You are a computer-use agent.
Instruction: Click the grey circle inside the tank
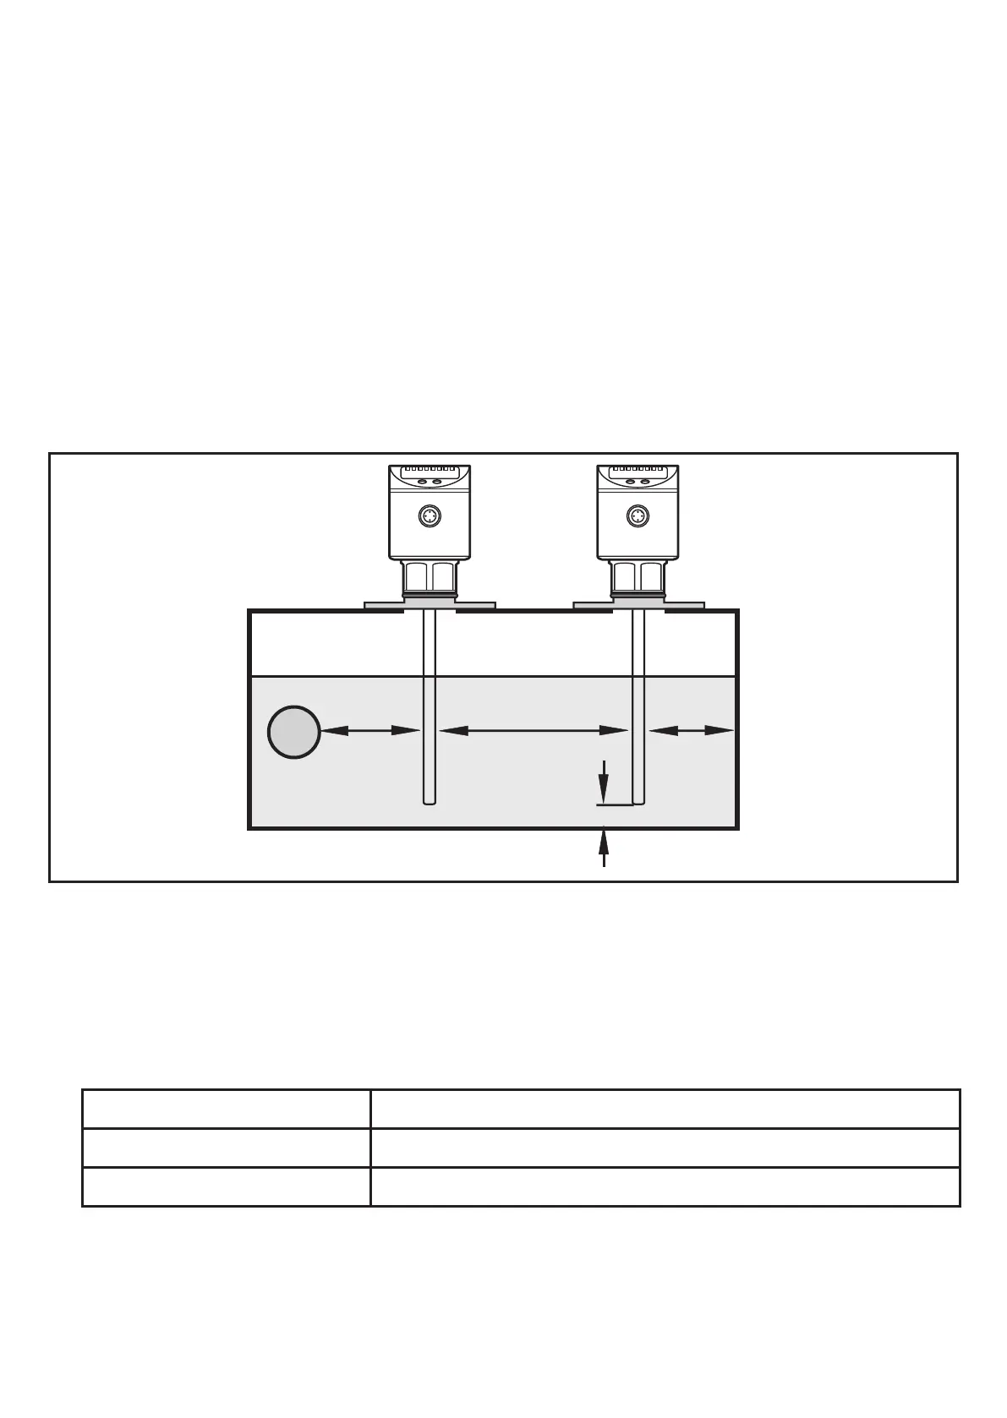pyautogui.click(x=293, y=732)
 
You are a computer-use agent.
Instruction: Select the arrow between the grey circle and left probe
pyautogui.click(x=370, y=731)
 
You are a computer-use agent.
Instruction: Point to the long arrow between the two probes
pyautogui.click(x=533, y=731)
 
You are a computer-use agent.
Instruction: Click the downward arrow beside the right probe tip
pyautogui.click(x=604, y=782)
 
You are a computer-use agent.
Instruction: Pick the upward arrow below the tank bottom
pyautogui.click(x=604, y=848)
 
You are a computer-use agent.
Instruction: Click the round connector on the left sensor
pyautogui.click(x=429, y=515)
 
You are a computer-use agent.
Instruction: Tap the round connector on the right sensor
pyautogui.click(x=638, y=515)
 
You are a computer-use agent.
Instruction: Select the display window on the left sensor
pyautogui.click(x=430, y=480)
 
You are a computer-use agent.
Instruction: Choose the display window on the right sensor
pyautogui.click(x=638, y=480)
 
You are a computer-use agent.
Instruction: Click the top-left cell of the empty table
pyautogui.click(x=226, y=1109)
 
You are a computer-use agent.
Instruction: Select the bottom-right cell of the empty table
pyautogui.click(x=665, y=1186)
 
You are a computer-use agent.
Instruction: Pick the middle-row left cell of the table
pyautogui.click(x=226, y=1148)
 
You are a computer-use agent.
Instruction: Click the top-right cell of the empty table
pyautogui.click(x=665, y=1109)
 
